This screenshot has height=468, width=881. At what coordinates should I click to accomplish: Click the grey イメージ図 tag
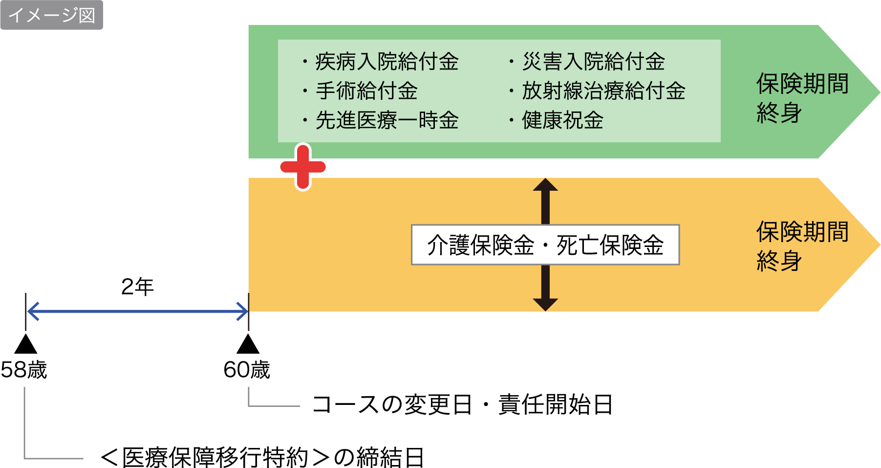tap(51, 15)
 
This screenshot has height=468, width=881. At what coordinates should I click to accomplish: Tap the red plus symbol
tap(303, 167)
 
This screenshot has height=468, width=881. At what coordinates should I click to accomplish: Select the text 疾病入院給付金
tap(387, 62)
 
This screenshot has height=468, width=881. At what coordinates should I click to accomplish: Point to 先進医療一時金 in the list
tap(387, 120)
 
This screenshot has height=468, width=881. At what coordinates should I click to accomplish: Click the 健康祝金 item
tap(562, 120)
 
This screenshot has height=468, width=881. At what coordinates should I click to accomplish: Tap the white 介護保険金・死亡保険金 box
tap(545, 245)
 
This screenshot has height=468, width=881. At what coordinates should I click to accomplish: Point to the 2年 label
tap(137, 287)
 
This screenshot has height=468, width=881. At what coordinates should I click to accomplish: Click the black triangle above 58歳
tap(25, 344)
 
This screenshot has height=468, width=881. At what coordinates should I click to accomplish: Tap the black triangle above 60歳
tap(248, 344)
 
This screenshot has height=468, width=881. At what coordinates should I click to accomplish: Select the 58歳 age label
tap(24, 370)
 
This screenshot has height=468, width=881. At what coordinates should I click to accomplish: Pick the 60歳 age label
tap(247, 370)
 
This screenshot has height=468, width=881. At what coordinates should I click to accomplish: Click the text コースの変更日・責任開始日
tap(462, 405)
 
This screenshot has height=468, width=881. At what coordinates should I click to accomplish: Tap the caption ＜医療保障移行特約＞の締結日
tap(261, 458)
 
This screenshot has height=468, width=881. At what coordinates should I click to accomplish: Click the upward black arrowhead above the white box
tap(545, 185)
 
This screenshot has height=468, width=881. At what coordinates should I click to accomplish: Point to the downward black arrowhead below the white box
tap(545, 304)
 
